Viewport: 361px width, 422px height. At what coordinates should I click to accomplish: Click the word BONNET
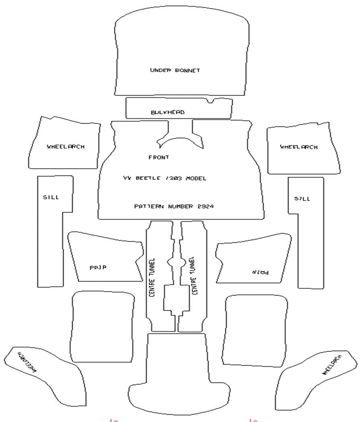[188, 70]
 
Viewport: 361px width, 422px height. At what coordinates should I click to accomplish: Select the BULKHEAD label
[168, 112]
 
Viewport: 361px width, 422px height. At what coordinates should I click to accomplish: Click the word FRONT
[159, 157]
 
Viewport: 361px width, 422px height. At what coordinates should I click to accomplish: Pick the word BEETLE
[148, 178]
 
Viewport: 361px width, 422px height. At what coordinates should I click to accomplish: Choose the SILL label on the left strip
[51, 197]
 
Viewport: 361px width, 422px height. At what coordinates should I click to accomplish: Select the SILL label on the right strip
[302, 199]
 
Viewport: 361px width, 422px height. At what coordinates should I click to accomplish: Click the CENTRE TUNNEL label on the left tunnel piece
[152, 277]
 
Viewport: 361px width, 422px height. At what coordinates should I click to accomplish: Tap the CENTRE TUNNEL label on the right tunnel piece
[193, 276]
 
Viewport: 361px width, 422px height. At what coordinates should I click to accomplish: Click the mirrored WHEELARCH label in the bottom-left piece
[28, 362]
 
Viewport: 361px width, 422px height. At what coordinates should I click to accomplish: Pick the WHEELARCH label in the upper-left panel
[66, 147]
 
